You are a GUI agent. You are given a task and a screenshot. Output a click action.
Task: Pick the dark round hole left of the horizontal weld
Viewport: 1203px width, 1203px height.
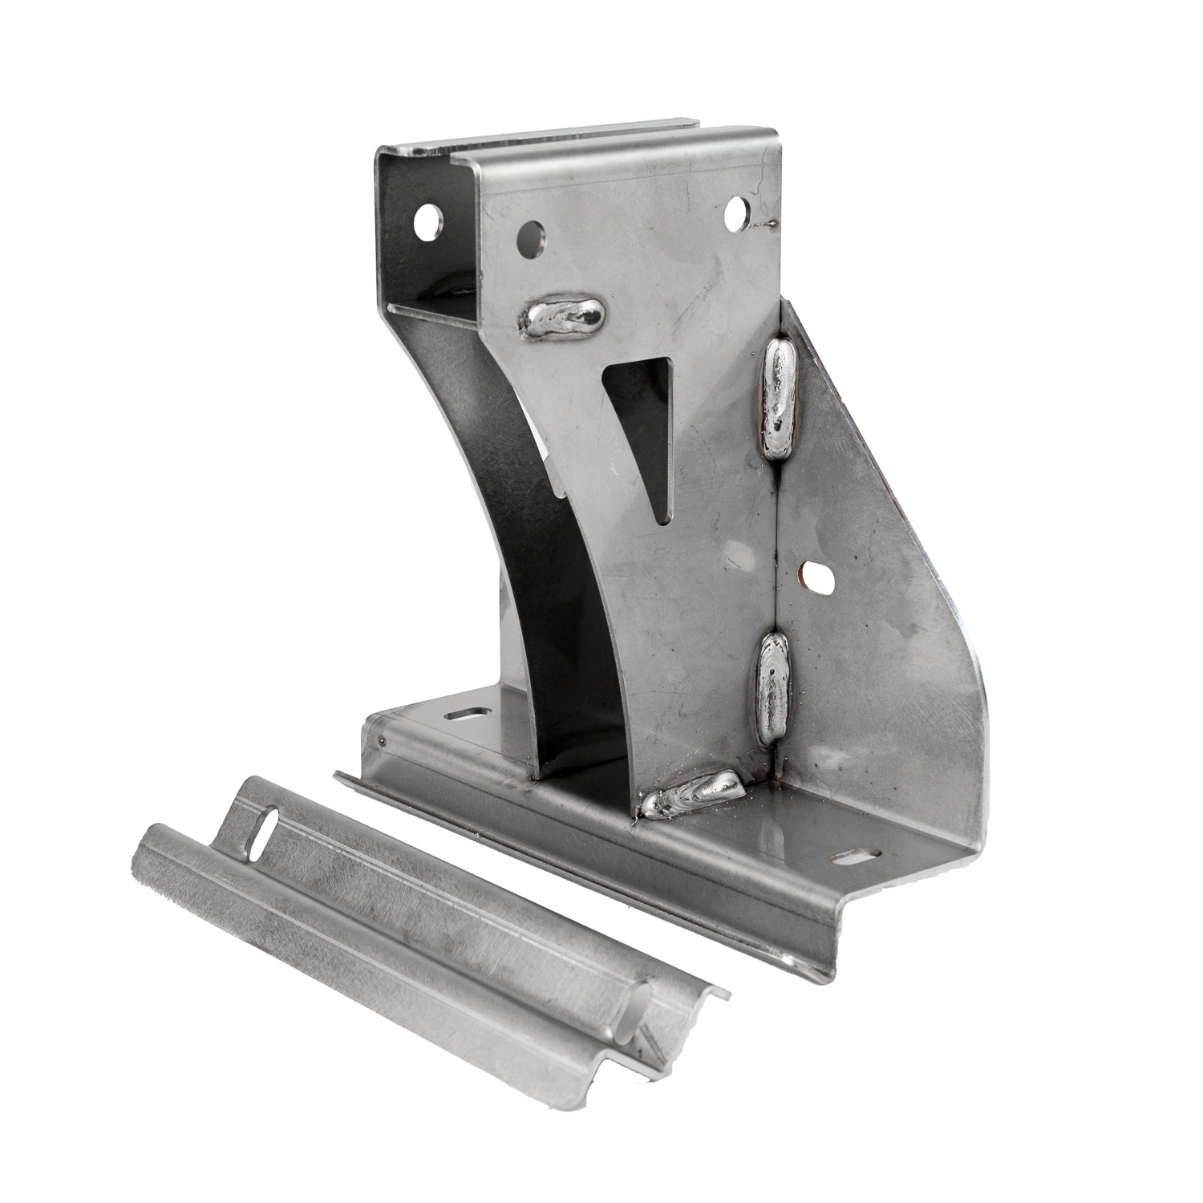[533, 237]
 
